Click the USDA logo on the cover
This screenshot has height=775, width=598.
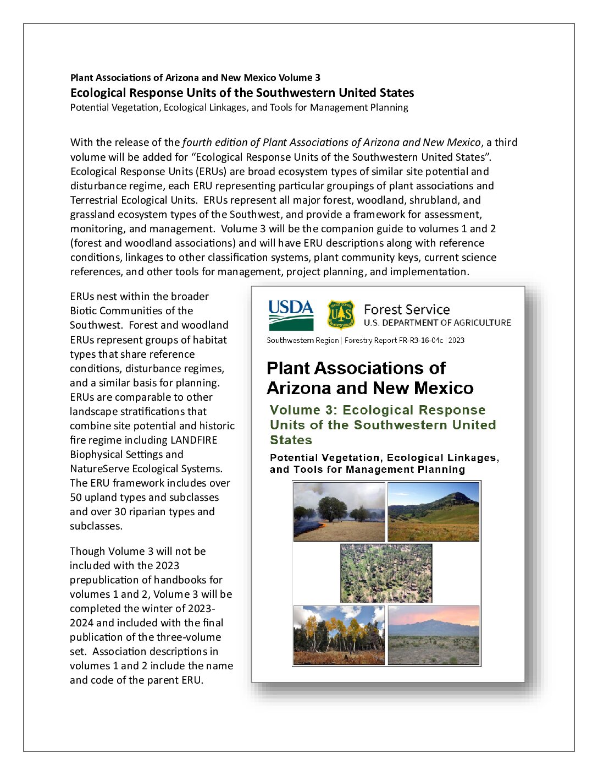(291, 315)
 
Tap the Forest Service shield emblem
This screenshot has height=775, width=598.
(341, 314)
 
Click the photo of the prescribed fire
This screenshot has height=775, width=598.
(339, 512)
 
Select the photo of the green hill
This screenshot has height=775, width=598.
(433, 512)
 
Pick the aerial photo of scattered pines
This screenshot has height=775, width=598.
(386, 573)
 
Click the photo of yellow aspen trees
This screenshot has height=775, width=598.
(339, 635)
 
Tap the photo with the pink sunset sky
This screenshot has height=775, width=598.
(433, 635)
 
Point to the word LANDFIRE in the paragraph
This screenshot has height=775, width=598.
(193, 440)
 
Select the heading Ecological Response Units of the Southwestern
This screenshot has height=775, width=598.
(242, 92)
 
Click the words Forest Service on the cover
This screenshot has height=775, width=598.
(407, 309)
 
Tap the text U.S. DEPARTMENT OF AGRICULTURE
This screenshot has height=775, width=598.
(438, 323)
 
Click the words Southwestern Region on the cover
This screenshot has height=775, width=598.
(302, 340)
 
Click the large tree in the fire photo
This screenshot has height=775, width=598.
(332, 507)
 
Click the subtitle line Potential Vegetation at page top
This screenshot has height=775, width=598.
(239, 107)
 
